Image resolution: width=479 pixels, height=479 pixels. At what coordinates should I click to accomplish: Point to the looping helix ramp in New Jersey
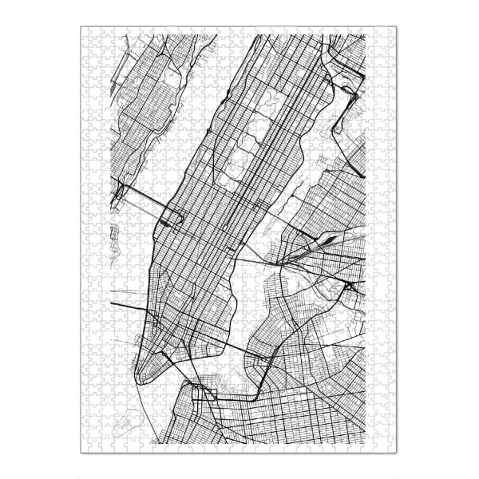[x=120, y=191]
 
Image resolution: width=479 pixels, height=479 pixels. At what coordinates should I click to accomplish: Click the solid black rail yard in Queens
[x=329, y=239]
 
